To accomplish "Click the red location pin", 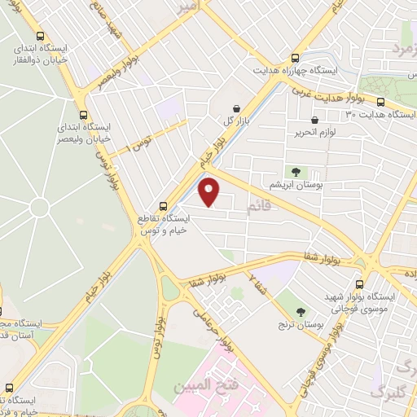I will (209, 191).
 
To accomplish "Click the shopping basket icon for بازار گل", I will (236, 108).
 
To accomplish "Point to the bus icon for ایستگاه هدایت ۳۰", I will (380, 102).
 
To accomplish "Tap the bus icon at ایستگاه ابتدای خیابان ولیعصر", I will (82, 115).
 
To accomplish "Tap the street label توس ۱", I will (144, 147).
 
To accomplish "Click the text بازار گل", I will (235, 121).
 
